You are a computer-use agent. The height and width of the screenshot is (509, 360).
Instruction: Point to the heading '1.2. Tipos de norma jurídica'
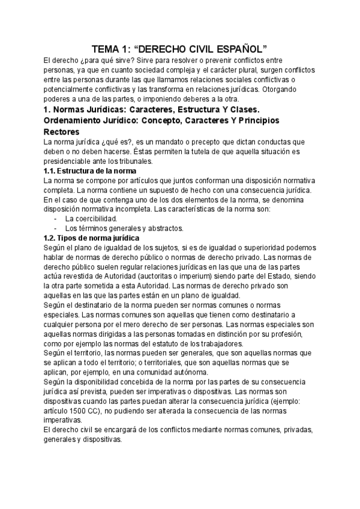[92, 238]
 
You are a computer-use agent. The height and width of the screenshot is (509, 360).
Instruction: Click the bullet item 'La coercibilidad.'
[91, 218]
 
